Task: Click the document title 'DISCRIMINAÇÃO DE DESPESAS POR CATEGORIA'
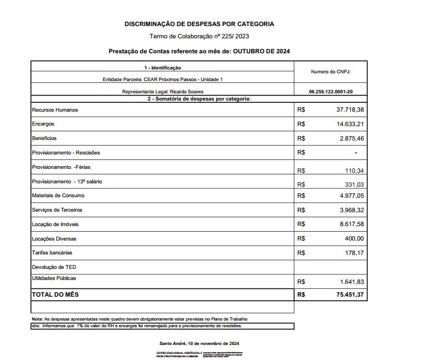point(199,24)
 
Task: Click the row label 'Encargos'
point(43,124)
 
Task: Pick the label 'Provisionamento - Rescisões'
point(66,152)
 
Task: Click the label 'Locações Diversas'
point(54,239)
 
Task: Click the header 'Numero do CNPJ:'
point(330,72)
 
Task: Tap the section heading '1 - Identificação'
point(162,67)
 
